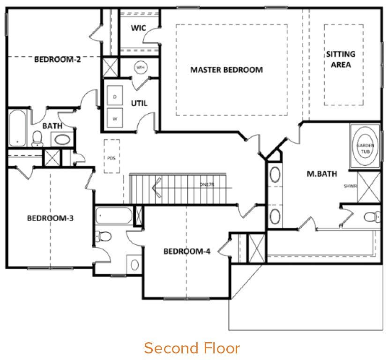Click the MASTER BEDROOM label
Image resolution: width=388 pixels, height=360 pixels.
[x=226, y=70]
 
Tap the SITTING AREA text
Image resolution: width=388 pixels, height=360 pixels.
[x=341, y=59]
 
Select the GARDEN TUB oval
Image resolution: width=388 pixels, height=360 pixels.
[x=365, y=147]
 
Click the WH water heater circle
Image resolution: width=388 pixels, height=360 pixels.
[x=140, y=67]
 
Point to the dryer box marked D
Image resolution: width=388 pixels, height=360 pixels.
[x=115, y=97]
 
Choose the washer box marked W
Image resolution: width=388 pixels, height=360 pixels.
[x=115, y=119]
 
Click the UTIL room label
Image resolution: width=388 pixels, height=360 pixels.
[x=139, y=103]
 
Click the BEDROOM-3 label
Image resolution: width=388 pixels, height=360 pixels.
[x=50, y=218]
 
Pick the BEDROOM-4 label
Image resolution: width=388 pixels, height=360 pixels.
[x=187, y=251]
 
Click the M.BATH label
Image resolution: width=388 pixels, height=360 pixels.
[x=322, y=174]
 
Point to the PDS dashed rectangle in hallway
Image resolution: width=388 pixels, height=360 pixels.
[x=112, y=156]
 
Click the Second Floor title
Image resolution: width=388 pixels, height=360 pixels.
[x=192, y=348]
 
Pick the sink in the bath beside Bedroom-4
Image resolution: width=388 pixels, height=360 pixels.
[x=135, y=264]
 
